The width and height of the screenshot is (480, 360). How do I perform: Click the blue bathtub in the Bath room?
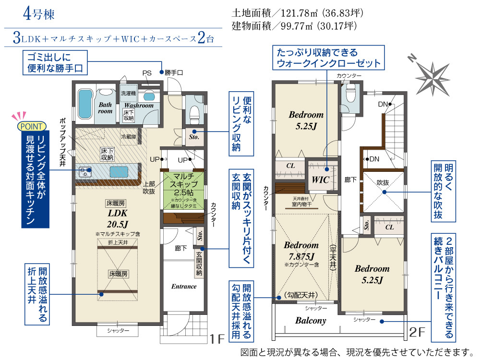(85, 104)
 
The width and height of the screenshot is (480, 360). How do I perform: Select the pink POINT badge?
(32, 126)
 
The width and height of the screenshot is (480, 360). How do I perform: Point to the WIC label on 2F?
(320, 180)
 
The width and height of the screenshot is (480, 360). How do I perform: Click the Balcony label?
(311, 321)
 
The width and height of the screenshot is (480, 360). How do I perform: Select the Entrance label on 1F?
(184, 287)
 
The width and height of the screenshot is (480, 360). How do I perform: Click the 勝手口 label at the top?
(174, 72)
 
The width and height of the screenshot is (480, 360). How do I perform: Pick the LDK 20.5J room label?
(118, 218)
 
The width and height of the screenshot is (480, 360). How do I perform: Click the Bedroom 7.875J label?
(301, 251)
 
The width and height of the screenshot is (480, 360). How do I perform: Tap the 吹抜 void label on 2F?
(383, 183)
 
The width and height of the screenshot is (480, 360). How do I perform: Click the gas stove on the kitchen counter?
(84, 172)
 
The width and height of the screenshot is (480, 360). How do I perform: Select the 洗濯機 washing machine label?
(128, 93)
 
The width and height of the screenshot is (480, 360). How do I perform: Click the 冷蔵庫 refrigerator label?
(129, 137)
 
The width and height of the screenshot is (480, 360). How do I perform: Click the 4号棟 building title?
(38, 14)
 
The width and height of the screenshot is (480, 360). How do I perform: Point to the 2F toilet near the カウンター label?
(350, 94)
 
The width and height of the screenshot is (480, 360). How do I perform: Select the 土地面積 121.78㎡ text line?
(298, 13)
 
